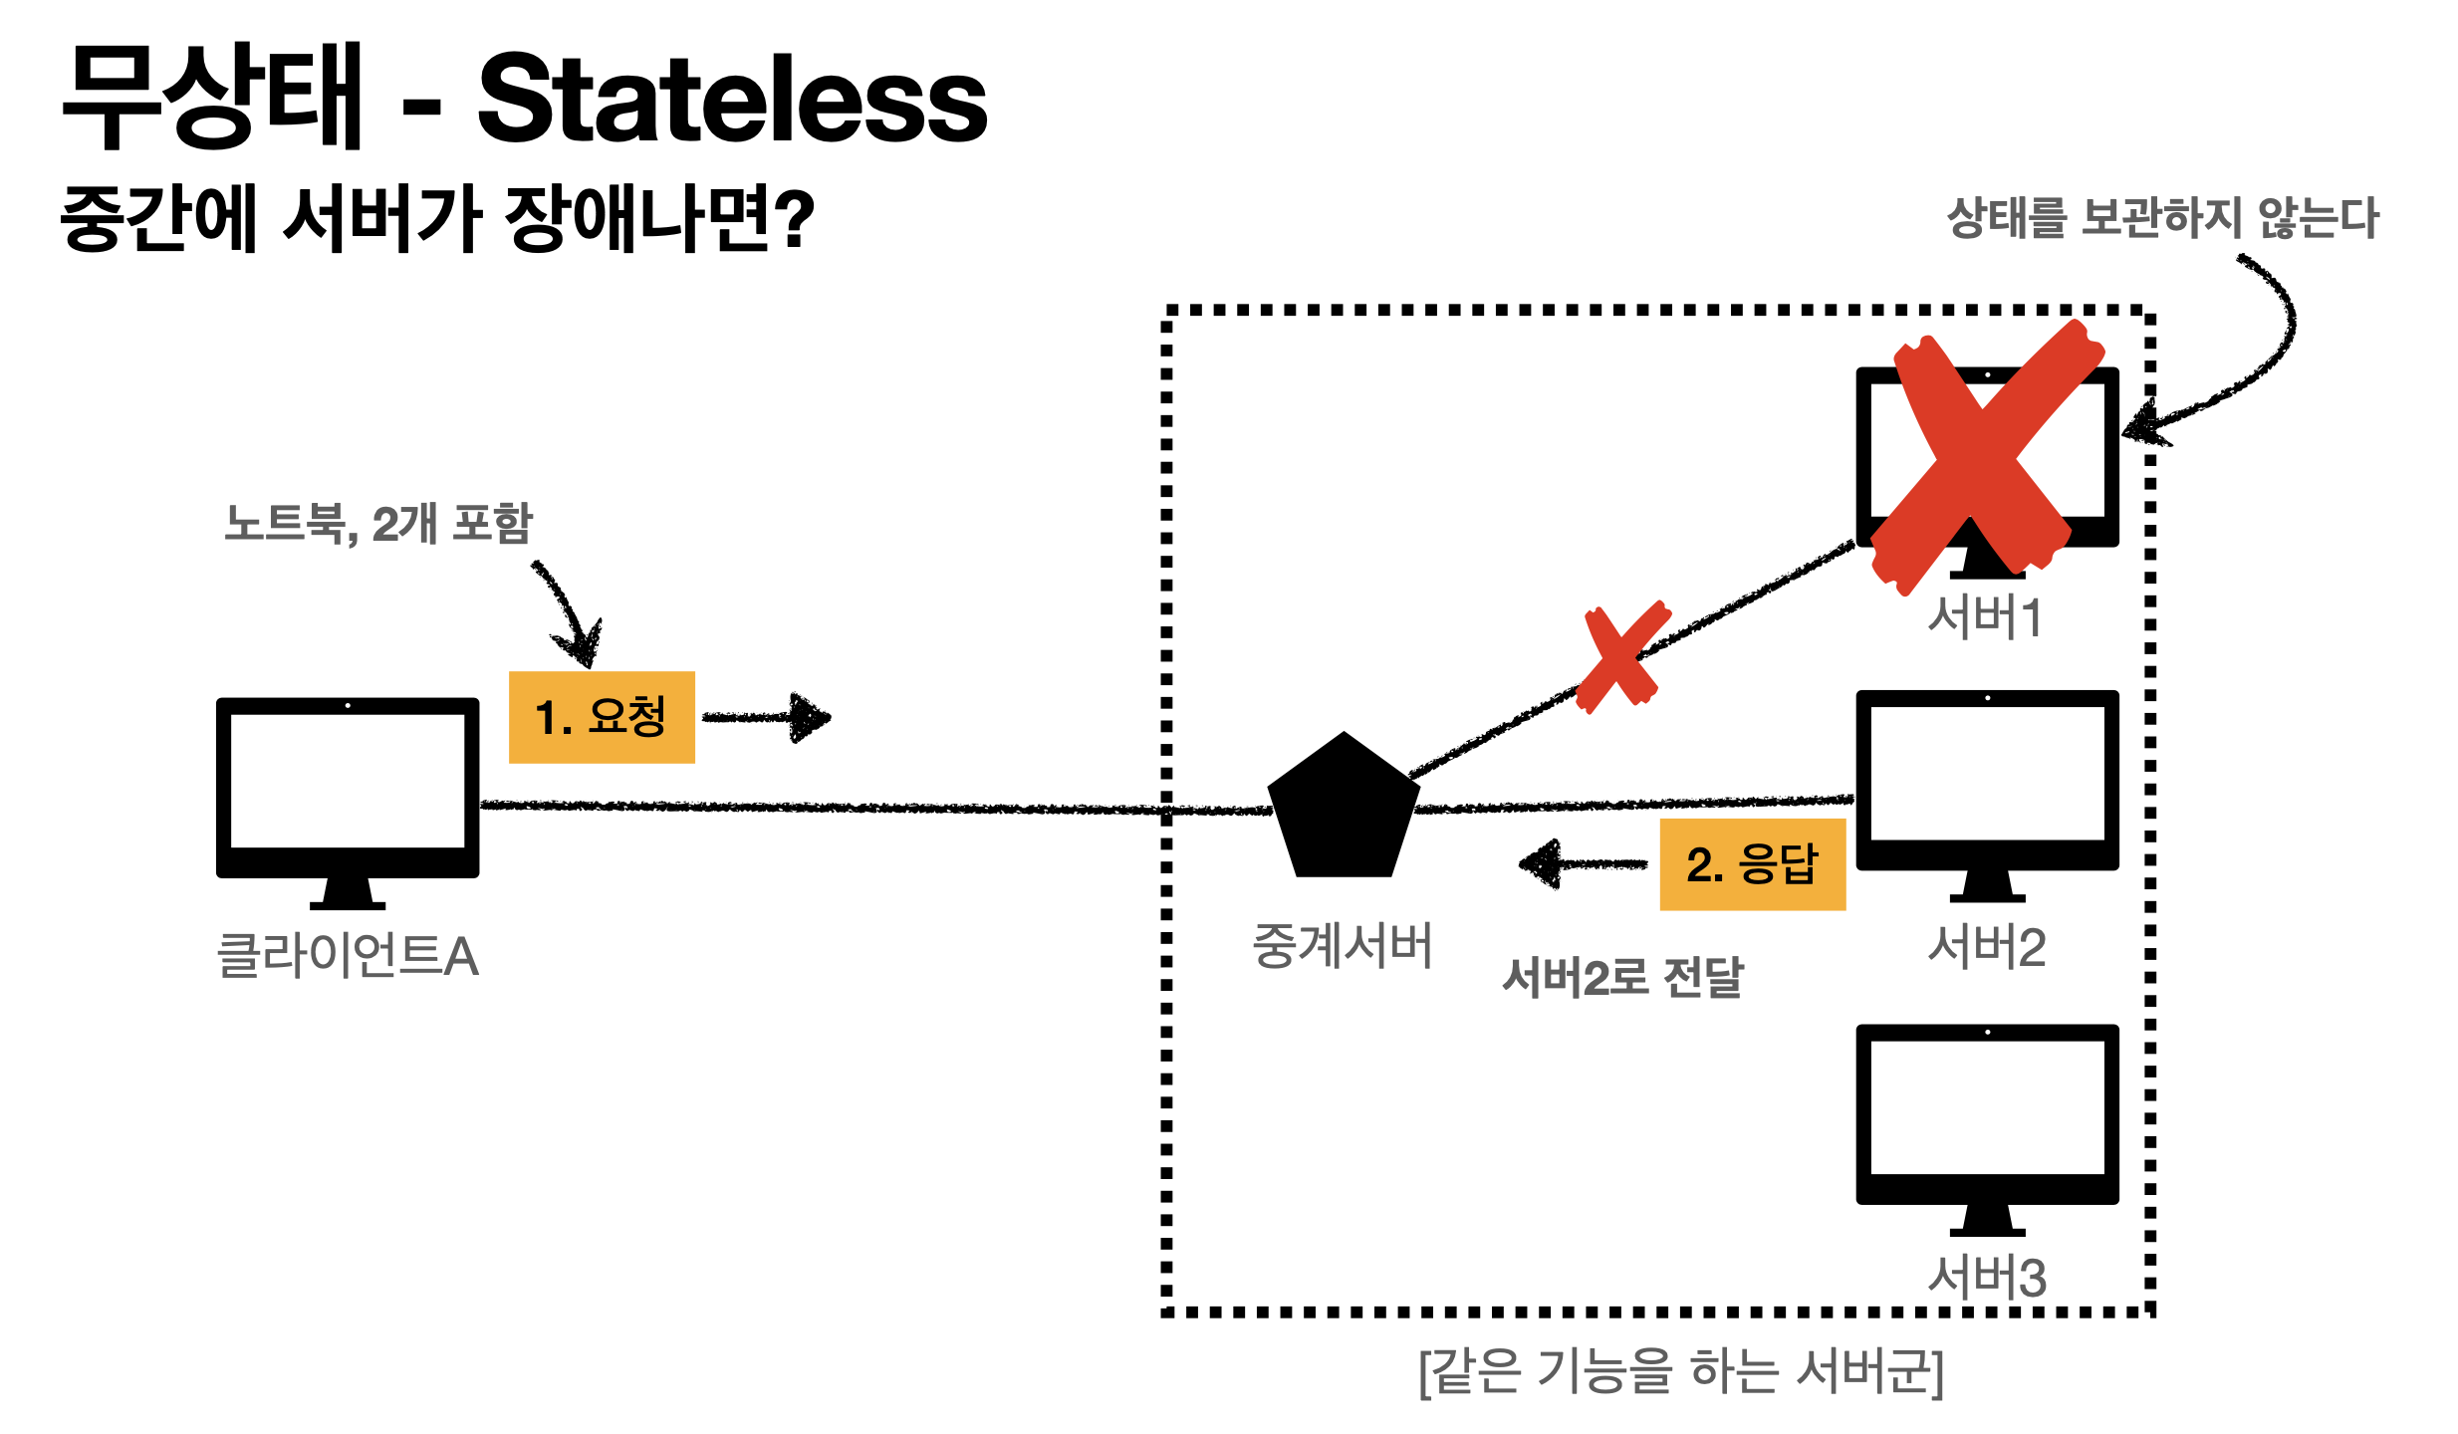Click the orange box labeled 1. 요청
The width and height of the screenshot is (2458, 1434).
point(602,717)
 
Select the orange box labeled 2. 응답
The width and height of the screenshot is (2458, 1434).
point(1752,864)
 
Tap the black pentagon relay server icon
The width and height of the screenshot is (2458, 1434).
point(1343,811)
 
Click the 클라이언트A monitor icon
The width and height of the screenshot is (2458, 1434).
point(348,787)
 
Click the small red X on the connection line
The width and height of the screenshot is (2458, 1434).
point(1622,657)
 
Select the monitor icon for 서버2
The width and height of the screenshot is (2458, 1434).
point(1987,780)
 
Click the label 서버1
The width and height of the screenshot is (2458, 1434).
point(1985,617)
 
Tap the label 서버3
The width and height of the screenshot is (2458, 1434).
point(1987,1277)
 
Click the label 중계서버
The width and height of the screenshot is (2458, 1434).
point(1343,946)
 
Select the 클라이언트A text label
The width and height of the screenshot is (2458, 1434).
point(348,956)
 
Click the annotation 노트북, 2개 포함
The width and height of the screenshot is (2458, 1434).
point(378,524)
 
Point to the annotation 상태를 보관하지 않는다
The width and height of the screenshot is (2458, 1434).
point(2162,218)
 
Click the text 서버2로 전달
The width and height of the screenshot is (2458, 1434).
point(1622,978)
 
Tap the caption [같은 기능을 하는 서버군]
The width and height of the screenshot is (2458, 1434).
point(1681,1372)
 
